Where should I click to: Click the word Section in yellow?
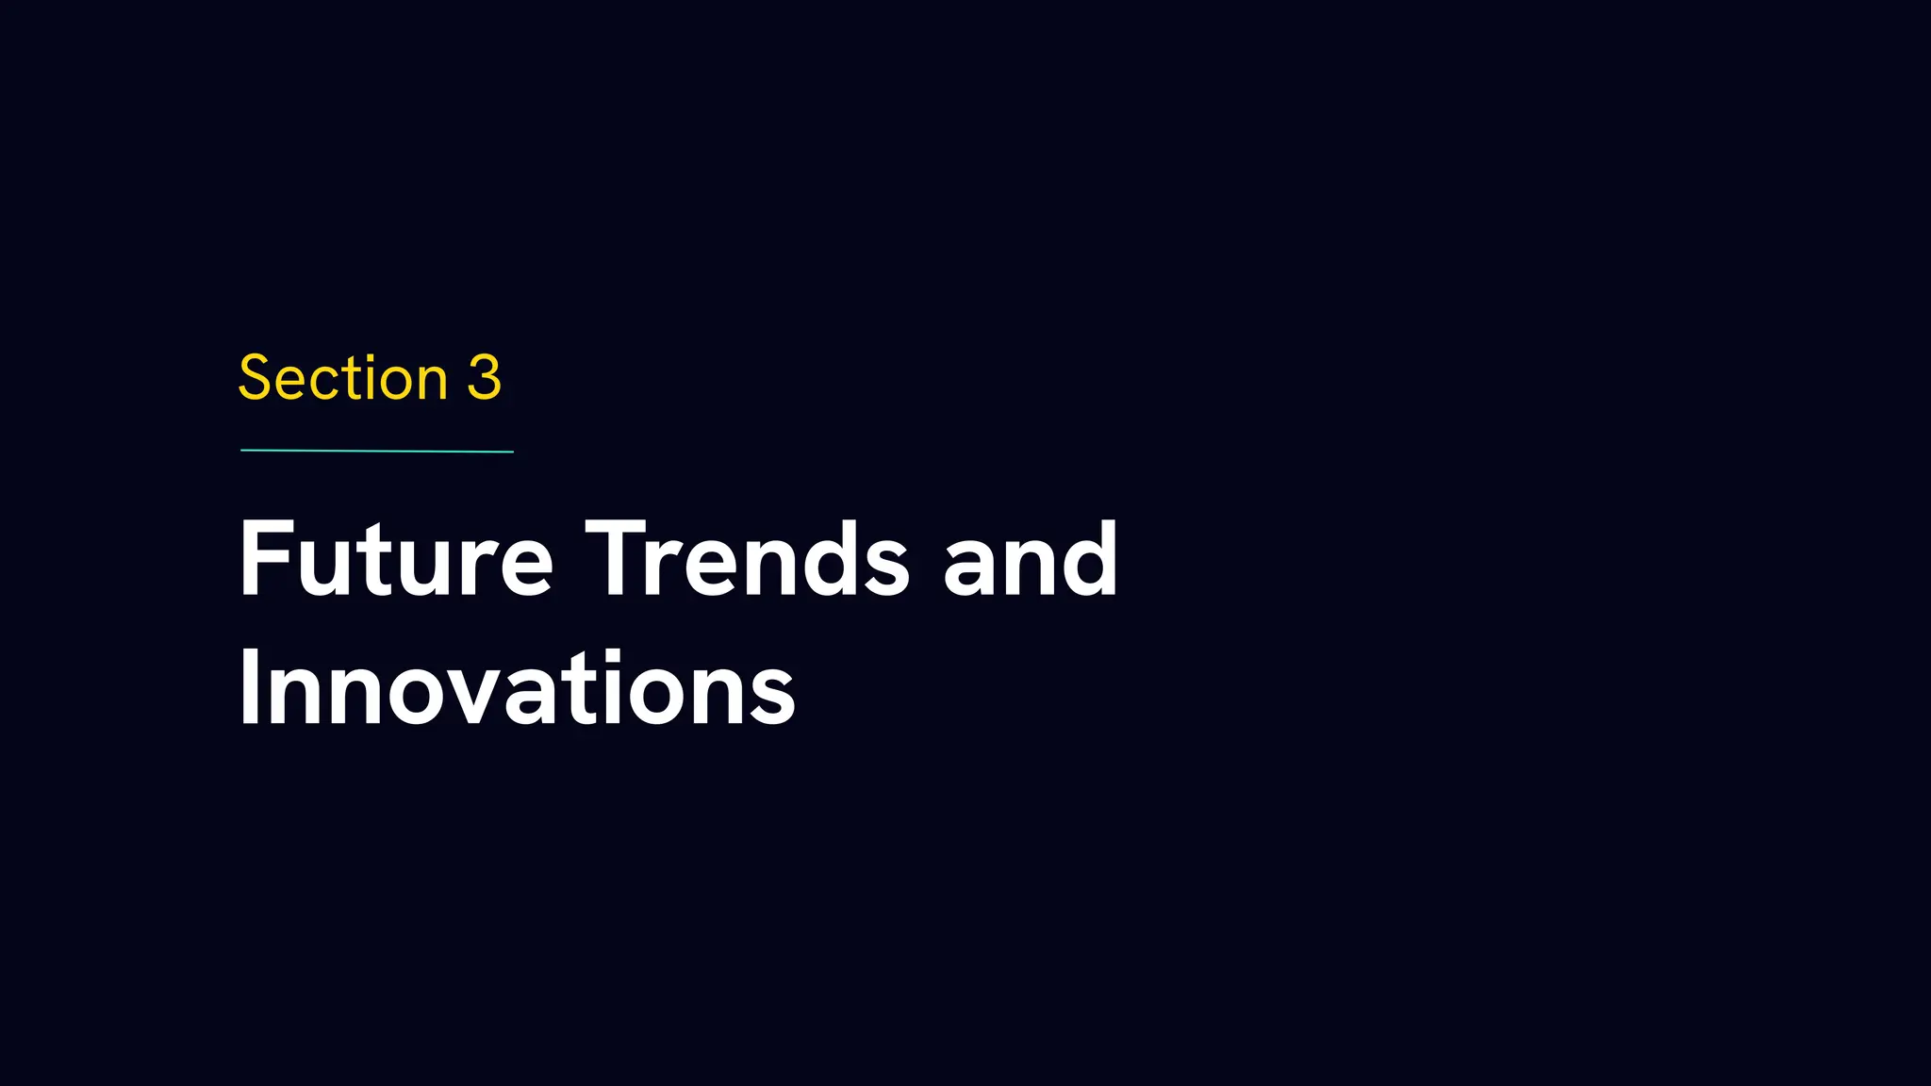342,379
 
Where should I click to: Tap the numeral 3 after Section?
484,379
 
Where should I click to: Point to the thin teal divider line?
377,452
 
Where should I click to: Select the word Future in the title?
396,560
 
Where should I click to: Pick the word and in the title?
1030,560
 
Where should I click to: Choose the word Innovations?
517,689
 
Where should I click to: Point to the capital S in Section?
256,379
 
